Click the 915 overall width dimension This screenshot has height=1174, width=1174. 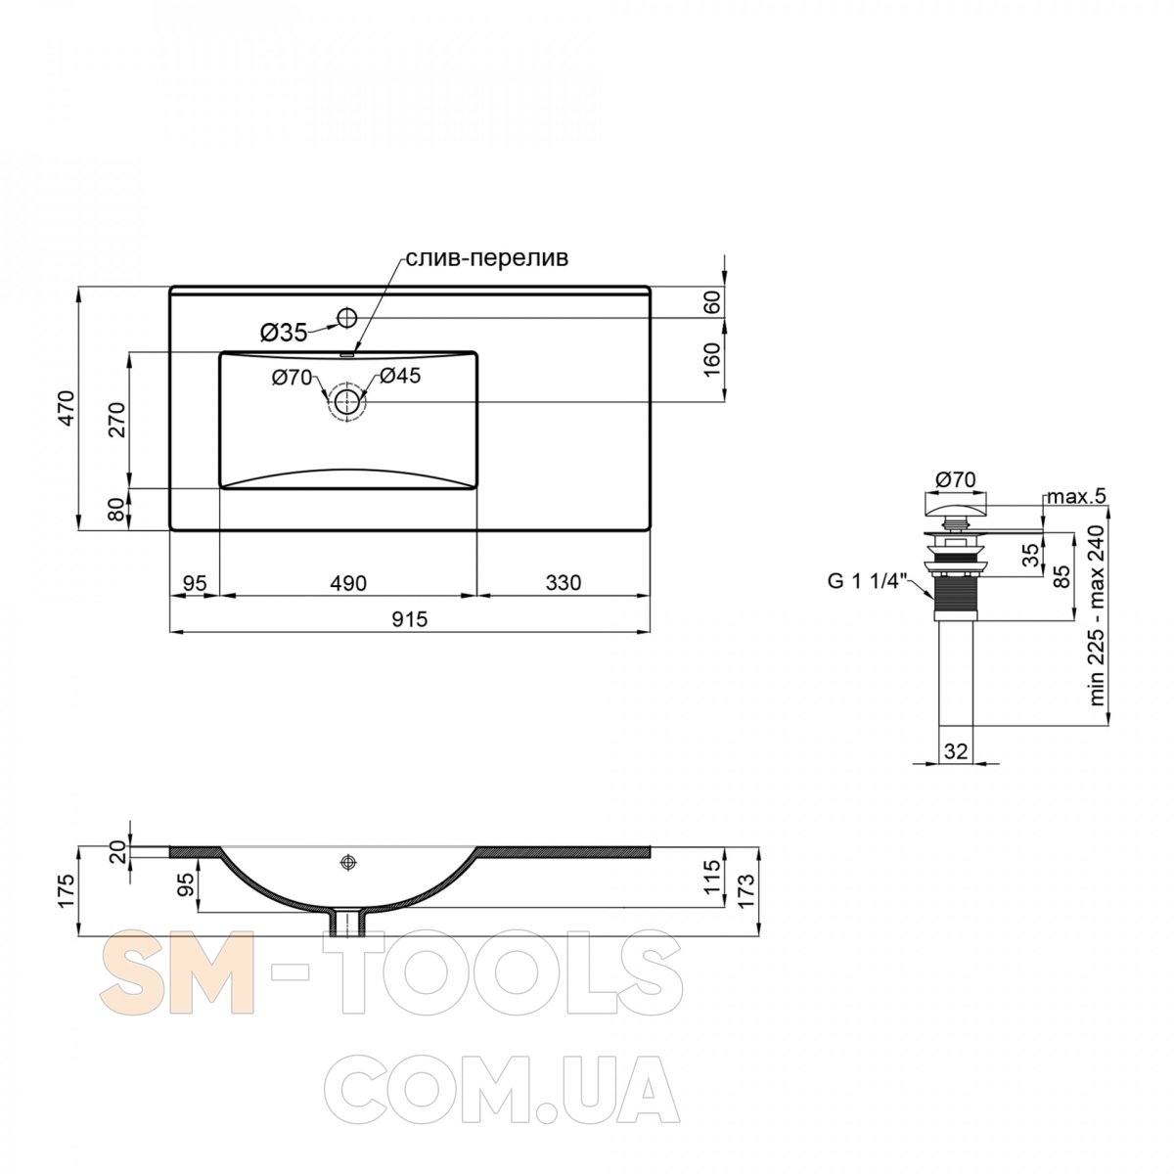[409, 619]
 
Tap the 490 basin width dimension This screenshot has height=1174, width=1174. [348, 583]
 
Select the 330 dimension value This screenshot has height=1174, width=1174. [563, 583]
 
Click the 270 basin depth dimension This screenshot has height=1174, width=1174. [117, 420]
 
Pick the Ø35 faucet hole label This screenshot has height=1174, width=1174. [284, 333]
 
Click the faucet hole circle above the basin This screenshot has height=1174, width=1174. [346, 317]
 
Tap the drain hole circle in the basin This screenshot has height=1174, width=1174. [346, 401]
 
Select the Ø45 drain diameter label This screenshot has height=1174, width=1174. [400, 376]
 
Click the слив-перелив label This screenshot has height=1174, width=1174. [487, 258]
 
